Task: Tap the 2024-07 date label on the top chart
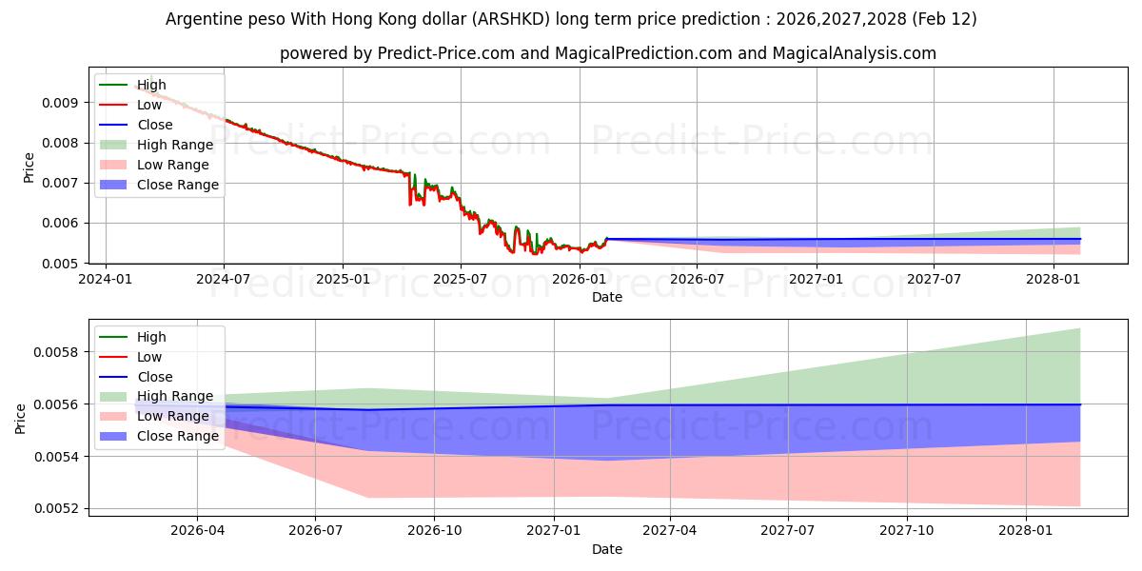tap(224, 279)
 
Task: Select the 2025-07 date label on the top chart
tap(461, 279)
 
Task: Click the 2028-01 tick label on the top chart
tap(1053, 279)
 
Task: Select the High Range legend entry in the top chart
tap(175, 145)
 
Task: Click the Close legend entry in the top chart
tap(154, 125)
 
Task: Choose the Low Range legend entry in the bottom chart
tap(173, 416)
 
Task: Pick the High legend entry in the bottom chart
tap(151, 337)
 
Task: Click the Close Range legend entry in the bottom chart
tap(177, 436)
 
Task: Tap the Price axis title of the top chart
tap(29, 167)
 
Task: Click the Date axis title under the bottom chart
tap(607, 549)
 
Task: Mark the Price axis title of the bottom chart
tap(21, 418)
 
